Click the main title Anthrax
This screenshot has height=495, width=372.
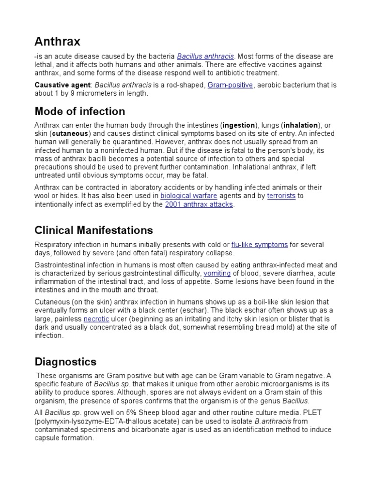click(58, 41)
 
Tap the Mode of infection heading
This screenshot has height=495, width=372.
click(80, 112)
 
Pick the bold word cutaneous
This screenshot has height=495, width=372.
click(70, 133)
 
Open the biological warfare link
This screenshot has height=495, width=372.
click(189, 196)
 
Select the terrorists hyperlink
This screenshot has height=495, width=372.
click(281, 196)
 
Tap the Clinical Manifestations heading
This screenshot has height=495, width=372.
click(94, 230)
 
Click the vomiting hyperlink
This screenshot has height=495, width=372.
click(217, 273)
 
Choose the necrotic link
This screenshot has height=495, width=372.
click(96, 320)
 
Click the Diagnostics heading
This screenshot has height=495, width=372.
click(65, 362)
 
